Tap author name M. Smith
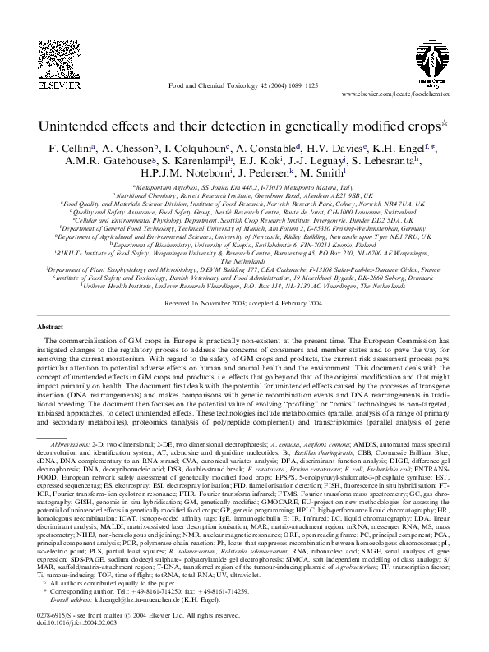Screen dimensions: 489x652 point(321,175)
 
